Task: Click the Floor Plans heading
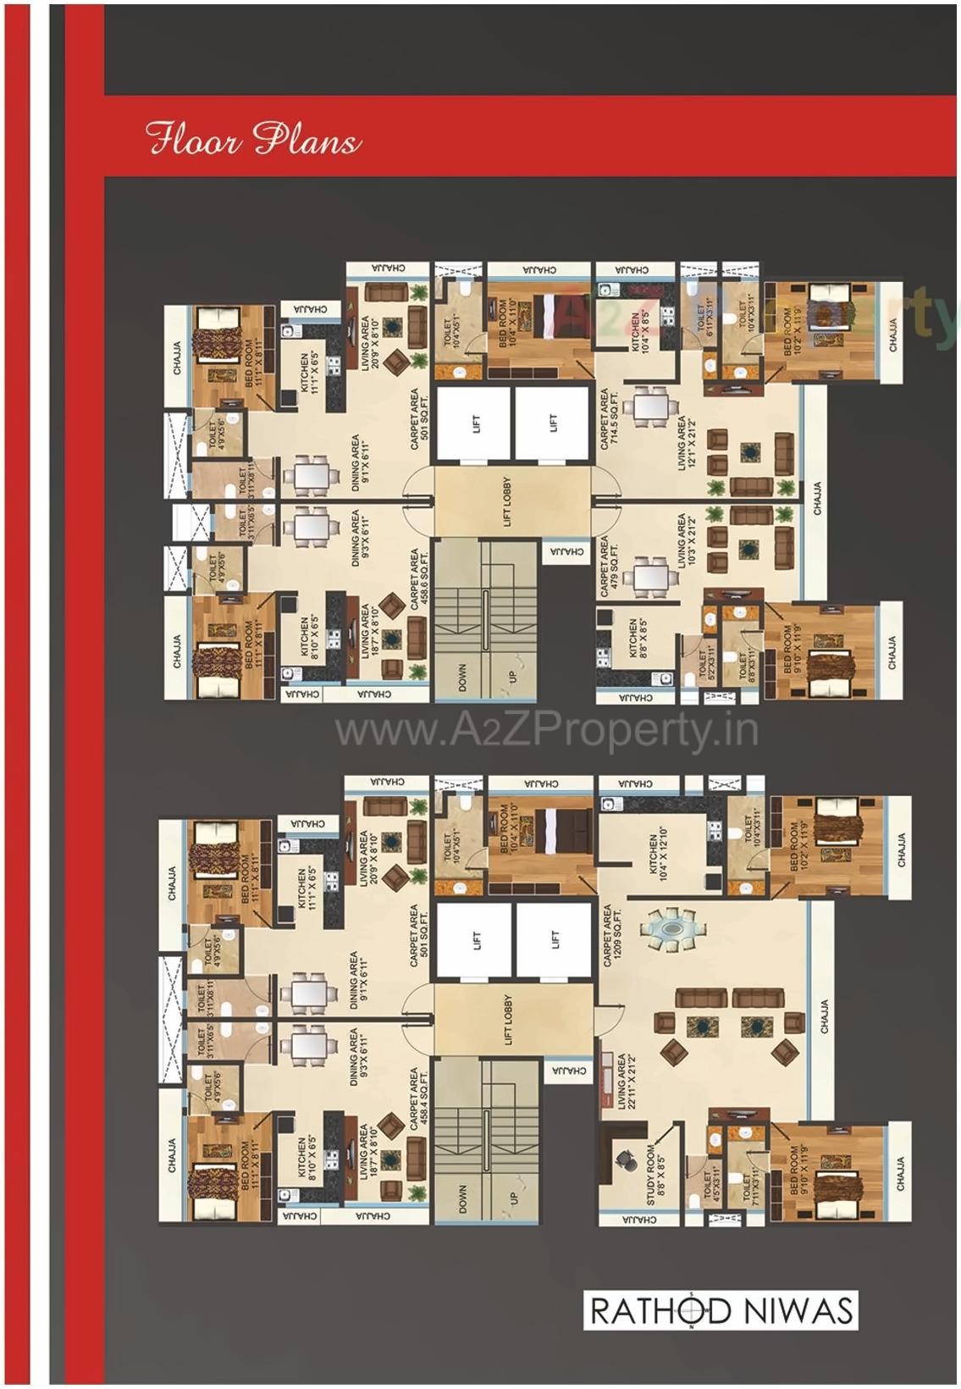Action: click(252, 139)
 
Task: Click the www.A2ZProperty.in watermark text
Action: click(546, 729)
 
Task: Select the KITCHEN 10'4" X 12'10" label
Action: click(658, 858)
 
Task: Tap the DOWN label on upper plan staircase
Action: click(462, 678)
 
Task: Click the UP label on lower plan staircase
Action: click(512, 1198)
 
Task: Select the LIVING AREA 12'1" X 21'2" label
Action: click(687, 444)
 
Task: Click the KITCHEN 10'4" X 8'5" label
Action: click(641, 333)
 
